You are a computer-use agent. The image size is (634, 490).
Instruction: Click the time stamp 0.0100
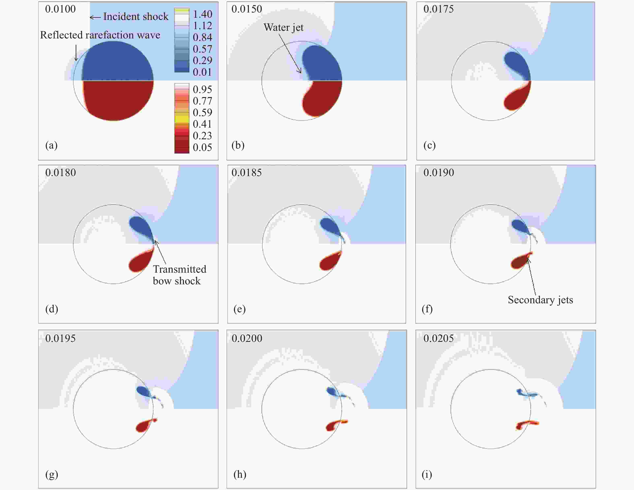[60, 9]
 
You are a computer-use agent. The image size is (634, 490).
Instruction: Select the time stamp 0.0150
[247, 9]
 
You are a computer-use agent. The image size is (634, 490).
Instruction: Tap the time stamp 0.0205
[438, 338]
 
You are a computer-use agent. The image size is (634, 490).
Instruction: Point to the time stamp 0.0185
[247, 173]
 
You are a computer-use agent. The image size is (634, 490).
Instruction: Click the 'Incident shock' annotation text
[136, 17]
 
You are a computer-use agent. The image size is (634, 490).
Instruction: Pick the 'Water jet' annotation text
[283, 27]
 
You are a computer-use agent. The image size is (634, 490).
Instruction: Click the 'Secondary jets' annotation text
[540, 300]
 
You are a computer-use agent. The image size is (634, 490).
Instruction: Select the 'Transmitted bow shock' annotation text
[179, 275]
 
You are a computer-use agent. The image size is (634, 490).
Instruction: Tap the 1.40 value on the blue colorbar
[202, 14]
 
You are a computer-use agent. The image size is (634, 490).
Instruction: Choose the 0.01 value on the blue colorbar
[202, 72]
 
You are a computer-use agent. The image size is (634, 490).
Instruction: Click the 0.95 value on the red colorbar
[202, 89]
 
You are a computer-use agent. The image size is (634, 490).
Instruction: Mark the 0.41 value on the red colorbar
[202, 124]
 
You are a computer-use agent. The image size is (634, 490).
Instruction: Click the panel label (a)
[51, 145]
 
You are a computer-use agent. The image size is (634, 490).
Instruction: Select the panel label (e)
[240, 309]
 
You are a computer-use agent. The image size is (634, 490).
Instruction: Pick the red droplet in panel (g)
[144, 426]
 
